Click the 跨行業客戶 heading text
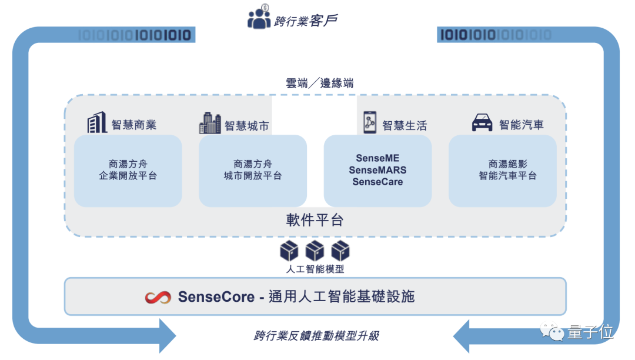click(306, 21)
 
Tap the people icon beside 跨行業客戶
click(259, 17)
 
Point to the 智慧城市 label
click(247, 126)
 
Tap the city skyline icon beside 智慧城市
click(209, 123)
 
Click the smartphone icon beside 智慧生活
click(369, 122)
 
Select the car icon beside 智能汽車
click(482, 123)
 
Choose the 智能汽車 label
click(521, 125)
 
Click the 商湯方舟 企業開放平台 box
click(128, 171)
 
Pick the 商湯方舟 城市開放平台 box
click(252, 171)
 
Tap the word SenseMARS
click(377, 170)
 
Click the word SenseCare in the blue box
click(377, 182)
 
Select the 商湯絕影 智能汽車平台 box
click(502, 171)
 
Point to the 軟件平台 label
click(315, 221)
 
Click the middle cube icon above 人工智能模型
click(315, 251)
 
